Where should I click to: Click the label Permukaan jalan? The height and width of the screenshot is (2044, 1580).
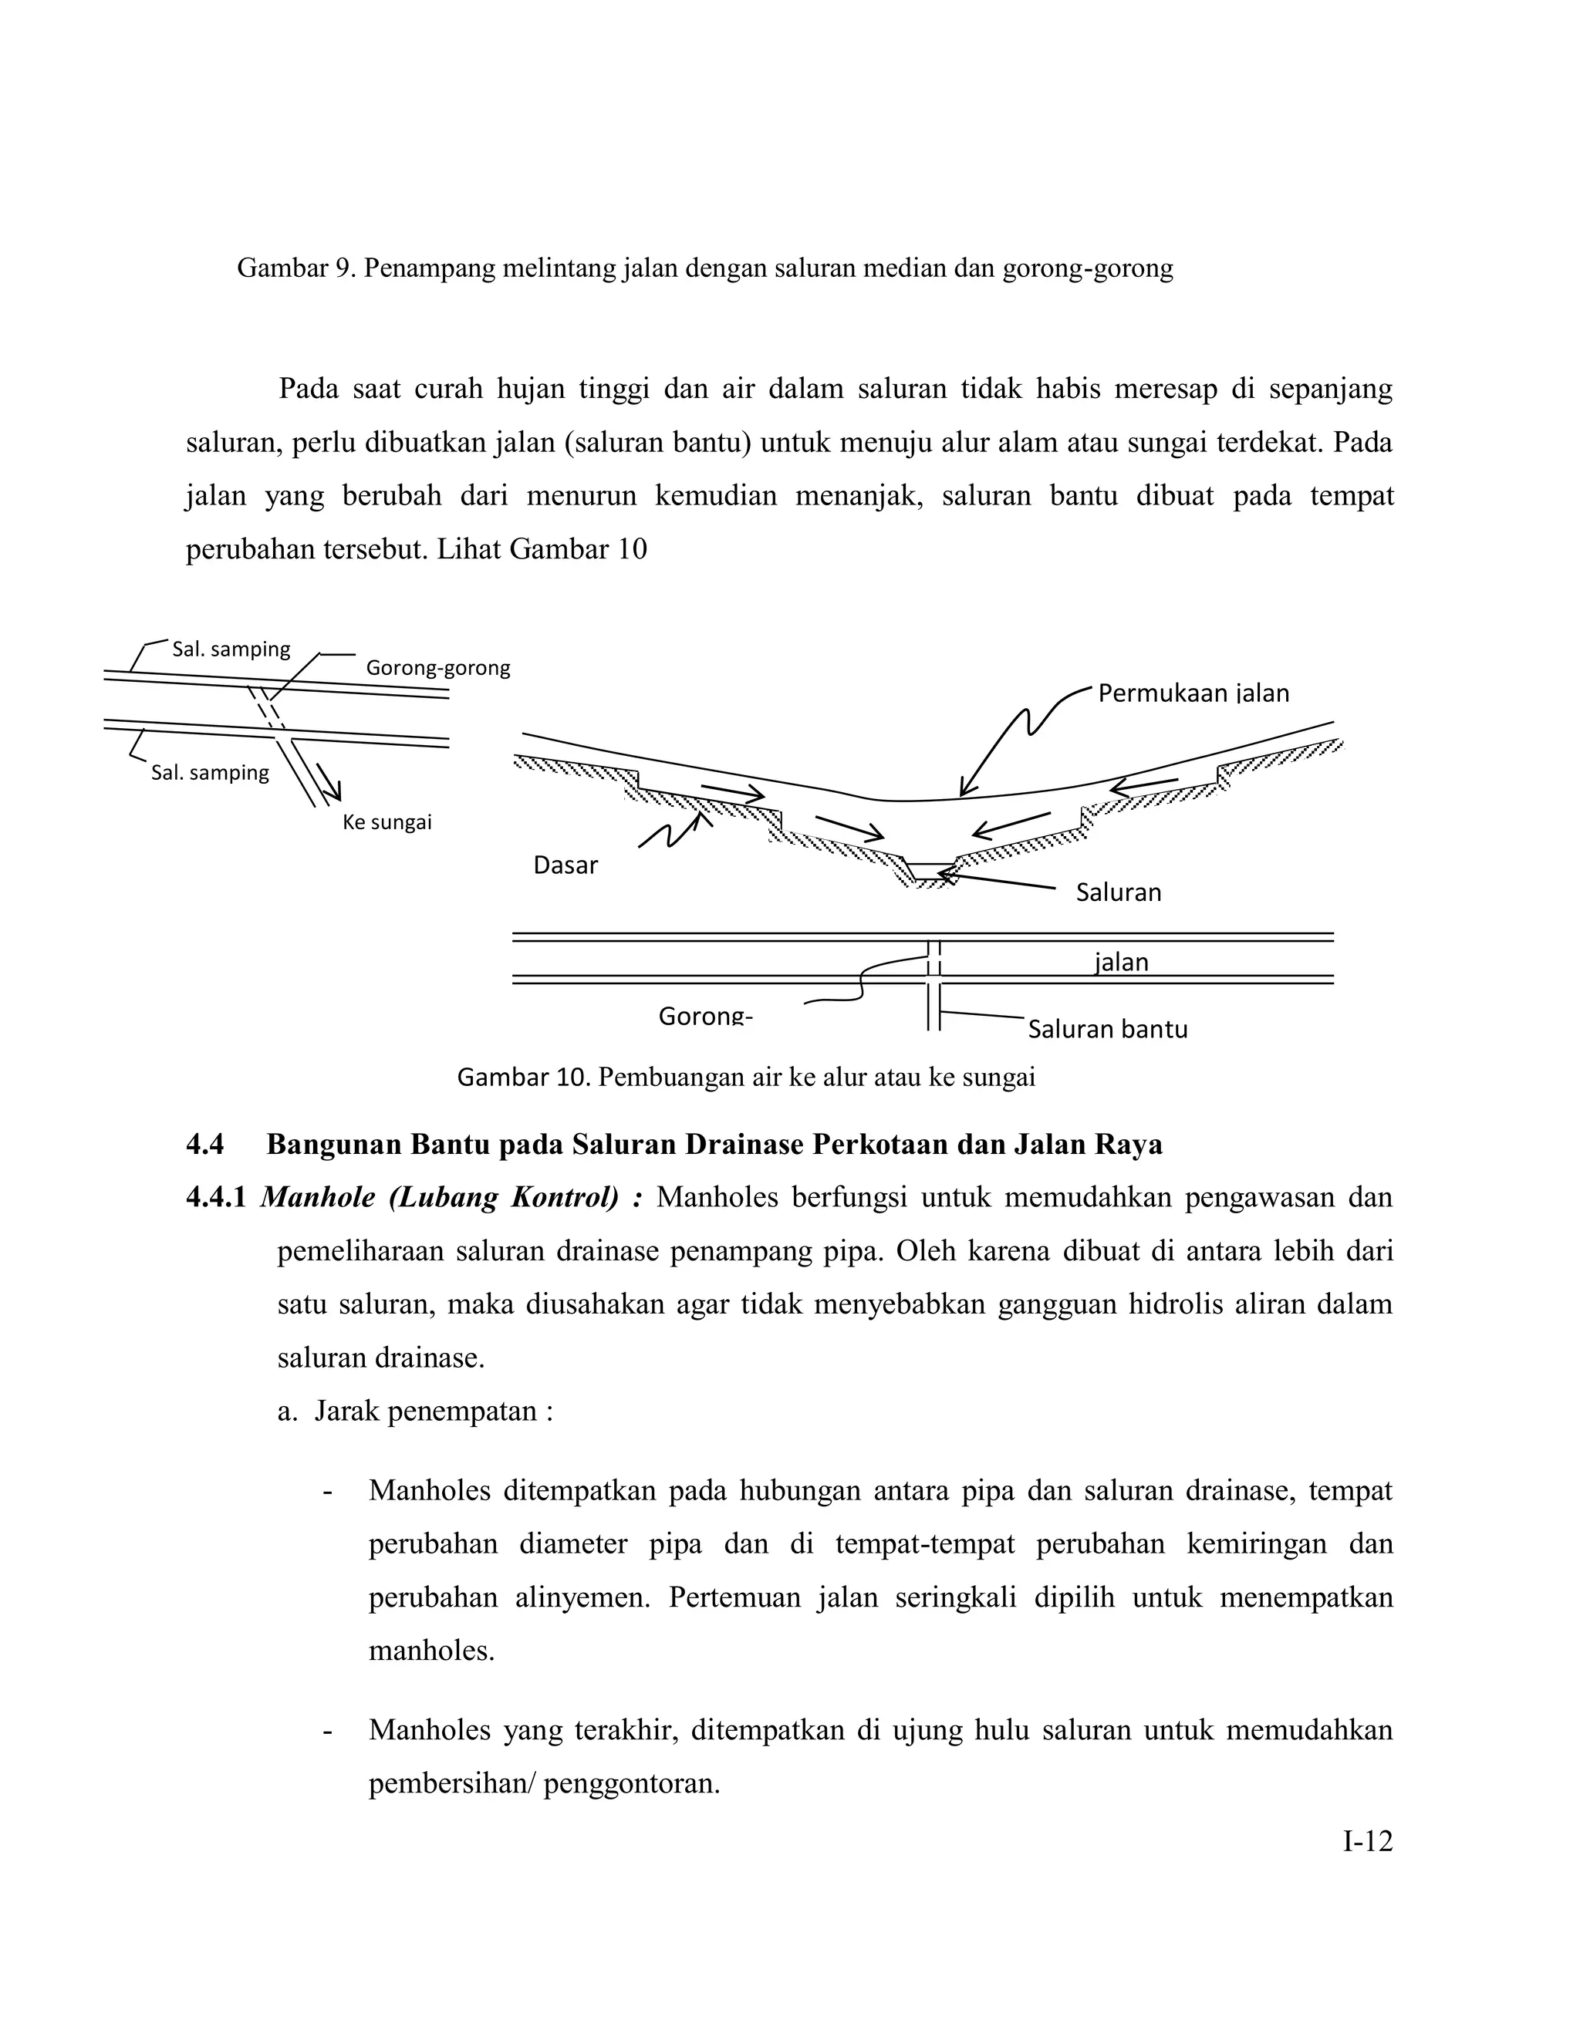pyautogui.click(x=1193, y=693)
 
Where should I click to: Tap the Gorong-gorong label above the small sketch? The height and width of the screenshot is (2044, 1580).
pyautogui.click(x=437, y=668)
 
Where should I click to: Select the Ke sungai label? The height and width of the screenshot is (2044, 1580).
pyautogui.click(x=387, y=823)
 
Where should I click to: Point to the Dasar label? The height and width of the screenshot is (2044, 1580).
pyautogui.click(x=565, y=865)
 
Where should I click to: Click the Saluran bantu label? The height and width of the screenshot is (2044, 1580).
pyautogui.click(x=1107, y=1030)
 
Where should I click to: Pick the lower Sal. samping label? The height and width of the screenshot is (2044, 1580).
pyautogui.click(x=210, y=772)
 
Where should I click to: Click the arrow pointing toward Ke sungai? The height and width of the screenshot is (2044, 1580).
pyautogui.click(x=328, y=782)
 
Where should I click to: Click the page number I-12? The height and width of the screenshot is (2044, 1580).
pyautogui.click(x=1368, y=1842)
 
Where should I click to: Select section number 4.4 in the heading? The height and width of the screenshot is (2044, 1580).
pyautogui.click(x=205, y=1145)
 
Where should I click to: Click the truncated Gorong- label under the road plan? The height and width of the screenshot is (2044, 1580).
pyautogui.click(x=705, y=1016)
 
